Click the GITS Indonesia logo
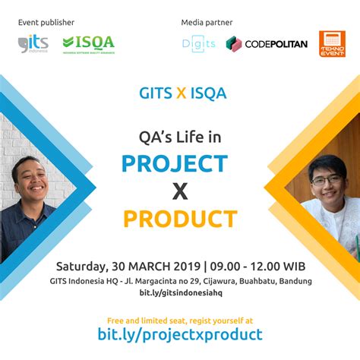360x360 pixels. (x=33, y=43)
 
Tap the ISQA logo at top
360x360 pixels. (x=88, y=43)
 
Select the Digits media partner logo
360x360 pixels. (x=199, y=44)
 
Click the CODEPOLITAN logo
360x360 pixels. (x=267, y=44)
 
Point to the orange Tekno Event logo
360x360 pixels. (x=332, y=44)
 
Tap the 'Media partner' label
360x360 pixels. (x=207, y=22)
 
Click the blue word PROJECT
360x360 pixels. (x=175, y=163)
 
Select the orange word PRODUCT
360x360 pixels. (x=180, y=219)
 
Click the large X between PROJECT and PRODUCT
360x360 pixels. (x=180, y=191)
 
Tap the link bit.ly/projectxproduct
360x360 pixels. (x=180, y=334)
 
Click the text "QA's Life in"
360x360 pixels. (x=180, y=137)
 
